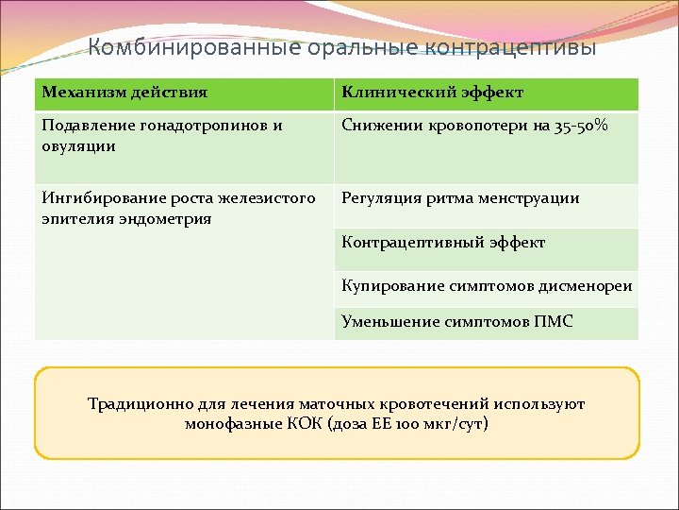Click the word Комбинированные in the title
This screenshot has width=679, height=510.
194,47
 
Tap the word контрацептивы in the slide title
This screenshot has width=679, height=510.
511,47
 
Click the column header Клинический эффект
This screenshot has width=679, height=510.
433,93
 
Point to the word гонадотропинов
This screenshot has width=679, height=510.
199,126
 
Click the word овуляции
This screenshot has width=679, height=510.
78,145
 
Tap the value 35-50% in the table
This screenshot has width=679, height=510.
584,126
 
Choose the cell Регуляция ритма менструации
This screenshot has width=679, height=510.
460,198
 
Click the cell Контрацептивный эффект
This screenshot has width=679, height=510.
443,243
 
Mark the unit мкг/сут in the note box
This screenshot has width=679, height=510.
456,423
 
